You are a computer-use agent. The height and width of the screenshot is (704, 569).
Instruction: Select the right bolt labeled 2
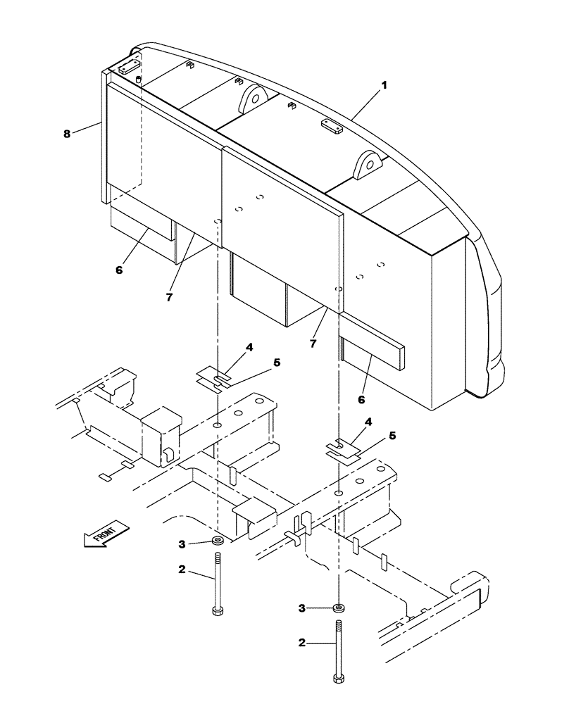click(339, 651)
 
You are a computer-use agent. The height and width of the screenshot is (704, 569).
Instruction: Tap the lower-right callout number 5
click(392, 436)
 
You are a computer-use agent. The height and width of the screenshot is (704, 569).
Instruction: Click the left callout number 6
click(119, 269)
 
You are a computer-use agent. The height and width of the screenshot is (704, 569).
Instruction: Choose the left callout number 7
click(169, 297)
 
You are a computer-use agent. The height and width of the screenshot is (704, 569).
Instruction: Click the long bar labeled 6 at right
click(373, 348)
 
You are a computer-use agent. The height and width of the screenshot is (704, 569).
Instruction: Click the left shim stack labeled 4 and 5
click(215, 377)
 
